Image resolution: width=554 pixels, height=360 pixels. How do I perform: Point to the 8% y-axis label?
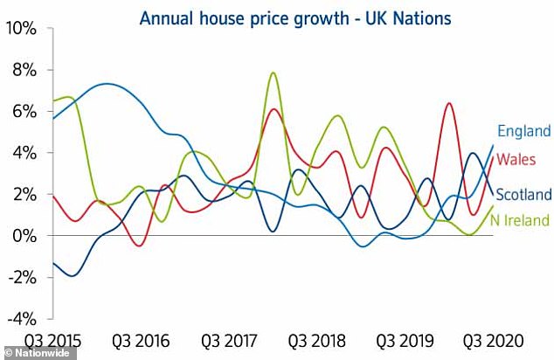(24, 70)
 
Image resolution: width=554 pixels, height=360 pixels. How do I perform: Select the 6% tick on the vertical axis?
(24, 111)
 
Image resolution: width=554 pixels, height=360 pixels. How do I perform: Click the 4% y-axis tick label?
(24, 153)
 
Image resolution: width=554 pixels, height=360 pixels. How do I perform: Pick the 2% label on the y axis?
(24, 194)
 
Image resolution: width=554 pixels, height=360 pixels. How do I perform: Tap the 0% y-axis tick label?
(24, 236)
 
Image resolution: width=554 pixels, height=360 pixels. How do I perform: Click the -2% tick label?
(21, 277)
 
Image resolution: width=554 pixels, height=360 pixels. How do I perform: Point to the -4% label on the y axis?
(21, 318)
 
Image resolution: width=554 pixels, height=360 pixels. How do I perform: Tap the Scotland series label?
(523, 194)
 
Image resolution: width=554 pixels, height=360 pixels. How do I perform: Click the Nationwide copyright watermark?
(35, 353)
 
